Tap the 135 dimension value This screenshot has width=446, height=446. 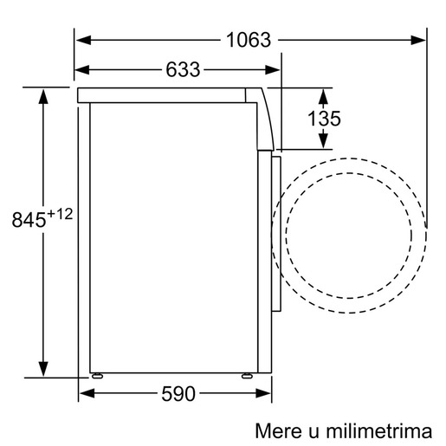tap(324, 119)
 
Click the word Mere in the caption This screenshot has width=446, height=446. tap(274, 430)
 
